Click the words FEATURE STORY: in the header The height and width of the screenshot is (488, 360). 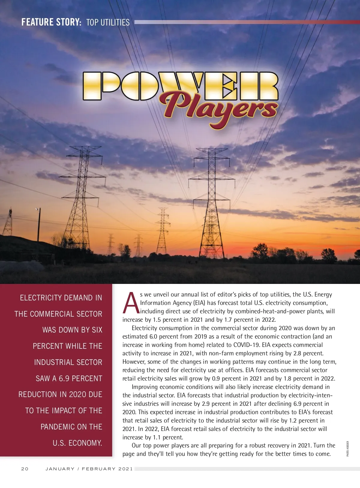coord(51,22)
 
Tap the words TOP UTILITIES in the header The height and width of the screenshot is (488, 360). coord(108,23)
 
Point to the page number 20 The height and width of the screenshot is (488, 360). coord(25,469)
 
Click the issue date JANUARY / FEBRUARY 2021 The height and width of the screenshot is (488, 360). coord(89,469)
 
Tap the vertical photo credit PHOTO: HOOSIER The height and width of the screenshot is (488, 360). coord(348,449)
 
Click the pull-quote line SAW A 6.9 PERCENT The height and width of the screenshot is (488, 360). coord(69,378)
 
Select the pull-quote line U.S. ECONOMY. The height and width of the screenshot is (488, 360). coord(77,443)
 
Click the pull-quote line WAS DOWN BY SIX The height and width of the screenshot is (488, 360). coord(72,330)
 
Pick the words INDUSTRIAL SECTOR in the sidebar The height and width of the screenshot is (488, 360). coord(68,362)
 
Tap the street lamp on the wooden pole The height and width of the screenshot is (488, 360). coord(37,209)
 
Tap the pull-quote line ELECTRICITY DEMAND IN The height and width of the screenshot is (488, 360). coord(61,298)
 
